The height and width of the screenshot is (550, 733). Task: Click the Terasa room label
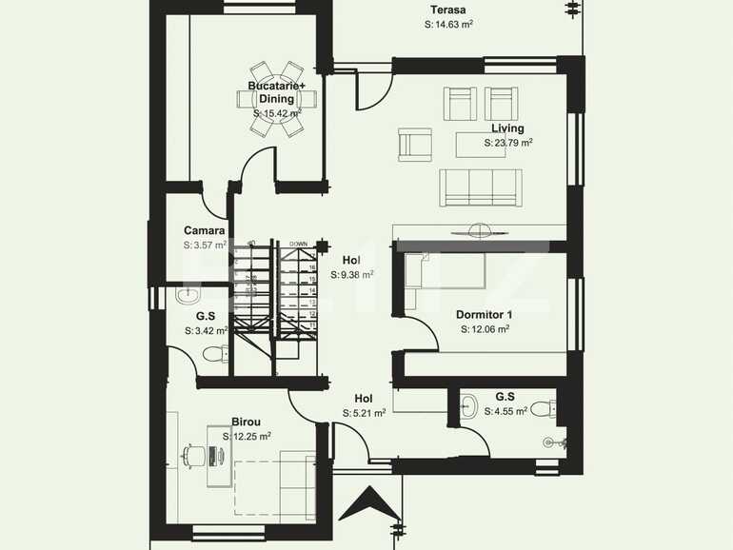coord(447,10)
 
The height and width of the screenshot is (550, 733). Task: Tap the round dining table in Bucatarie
coord(277,99)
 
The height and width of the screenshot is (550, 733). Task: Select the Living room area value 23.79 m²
coord(507,143)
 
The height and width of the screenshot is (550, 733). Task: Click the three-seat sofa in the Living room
coord(481,187)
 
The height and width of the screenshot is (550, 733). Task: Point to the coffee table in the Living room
coord(481,145)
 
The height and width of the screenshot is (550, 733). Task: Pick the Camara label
coord(205,230)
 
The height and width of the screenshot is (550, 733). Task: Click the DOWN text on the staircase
coord(298,244)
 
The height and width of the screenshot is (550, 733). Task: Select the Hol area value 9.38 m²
coord(351,274)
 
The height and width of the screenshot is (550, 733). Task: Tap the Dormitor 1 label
coord(484,315)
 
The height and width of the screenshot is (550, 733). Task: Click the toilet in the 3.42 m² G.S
coord(215,354)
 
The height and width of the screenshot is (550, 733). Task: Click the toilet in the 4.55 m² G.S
coord(542,409)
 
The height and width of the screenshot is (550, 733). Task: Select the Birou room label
coord(246,422)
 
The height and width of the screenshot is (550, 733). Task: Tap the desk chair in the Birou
coord(194,457)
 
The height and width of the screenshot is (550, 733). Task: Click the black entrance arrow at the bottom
coord(372,503)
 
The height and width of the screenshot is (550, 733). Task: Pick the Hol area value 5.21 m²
coord(364,413)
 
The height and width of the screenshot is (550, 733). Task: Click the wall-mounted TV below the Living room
coord(480,228)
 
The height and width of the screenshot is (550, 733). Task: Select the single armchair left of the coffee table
coord(415,145)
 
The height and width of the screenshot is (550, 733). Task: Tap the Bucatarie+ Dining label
coord(277,92)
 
